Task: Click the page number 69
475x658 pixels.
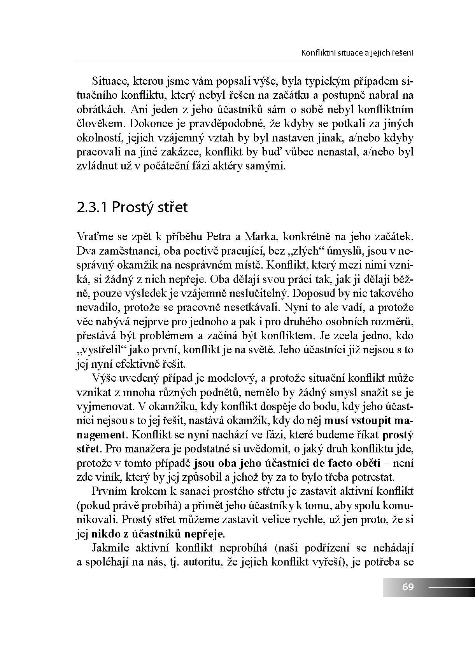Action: tap(408, 586)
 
